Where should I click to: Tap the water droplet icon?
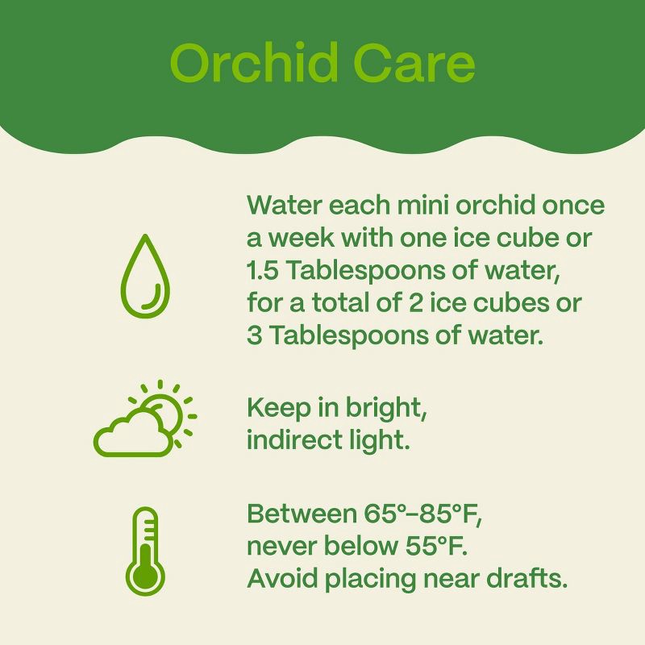click(146, 275)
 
